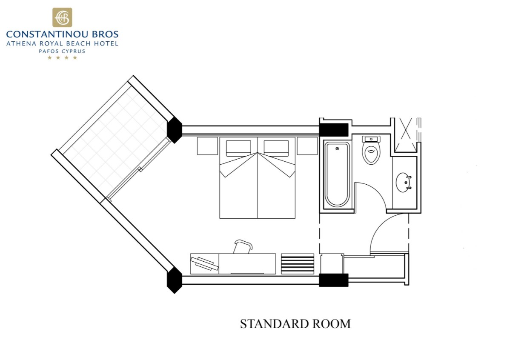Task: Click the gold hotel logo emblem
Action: [62, 17]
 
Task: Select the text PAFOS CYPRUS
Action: [62, 51]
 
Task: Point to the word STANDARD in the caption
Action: [274, 324]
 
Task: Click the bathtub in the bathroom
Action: [337, 174]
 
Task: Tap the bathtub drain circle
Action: [337, 149]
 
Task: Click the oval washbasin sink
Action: [403, 183]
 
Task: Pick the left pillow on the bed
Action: [238, 148]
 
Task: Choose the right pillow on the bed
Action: [276, 148]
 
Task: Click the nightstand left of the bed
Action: [207, 146]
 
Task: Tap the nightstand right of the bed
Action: [307, 146]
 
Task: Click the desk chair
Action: [243, 247]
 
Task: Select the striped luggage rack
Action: [298, 263]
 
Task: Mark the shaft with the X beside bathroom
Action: [406, 135]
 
